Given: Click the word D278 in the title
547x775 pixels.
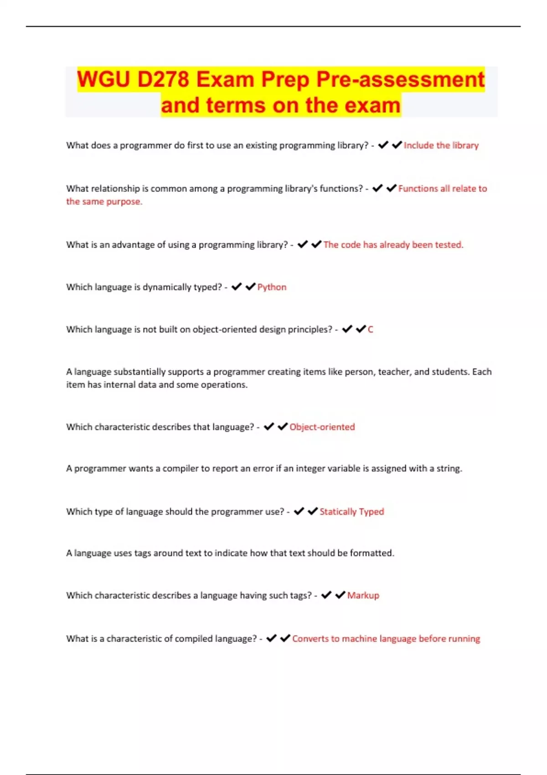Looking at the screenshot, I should tap(163, 79).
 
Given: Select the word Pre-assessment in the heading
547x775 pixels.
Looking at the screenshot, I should tap(400, 79).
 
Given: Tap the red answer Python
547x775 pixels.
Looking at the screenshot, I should tap(272, 287).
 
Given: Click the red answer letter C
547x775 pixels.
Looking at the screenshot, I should tap(370, 330).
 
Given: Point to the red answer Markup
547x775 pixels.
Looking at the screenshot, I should tap(363, 595).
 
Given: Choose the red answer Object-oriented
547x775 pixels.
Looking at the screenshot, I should tap(322, 427).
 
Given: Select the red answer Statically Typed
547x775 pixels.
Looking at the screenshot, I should tap(351, 511).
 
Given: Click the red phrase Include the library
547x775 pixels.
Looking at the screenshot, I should tap(441, 145).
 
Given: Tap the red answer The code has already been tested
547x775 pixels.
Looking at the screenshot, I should tap(393, 245).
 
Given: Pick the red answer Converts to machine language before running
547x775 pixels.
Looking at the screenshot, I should tap(386, 639).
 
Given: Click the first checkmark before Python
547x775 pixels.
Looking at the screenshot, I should tap(236, 287).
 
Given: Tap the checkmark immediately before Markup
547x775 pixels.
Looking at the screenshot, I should tap(340, 595).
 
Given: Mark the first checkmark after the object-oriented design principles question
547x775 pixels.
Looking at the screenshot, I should tap(347, 329).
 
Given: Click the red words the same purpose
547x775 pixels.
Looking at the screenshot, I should tap(104, 201).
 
